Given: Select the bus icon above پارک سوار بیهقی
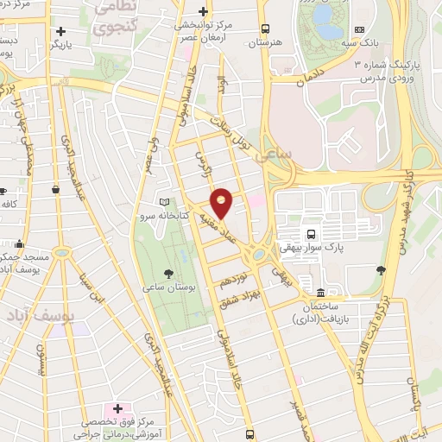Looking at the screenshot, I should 311,233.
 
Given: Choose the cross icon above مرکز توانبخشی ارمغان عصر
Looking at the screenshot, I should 203,11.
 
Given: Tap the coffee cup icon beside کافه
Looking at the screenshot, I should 4,191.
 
